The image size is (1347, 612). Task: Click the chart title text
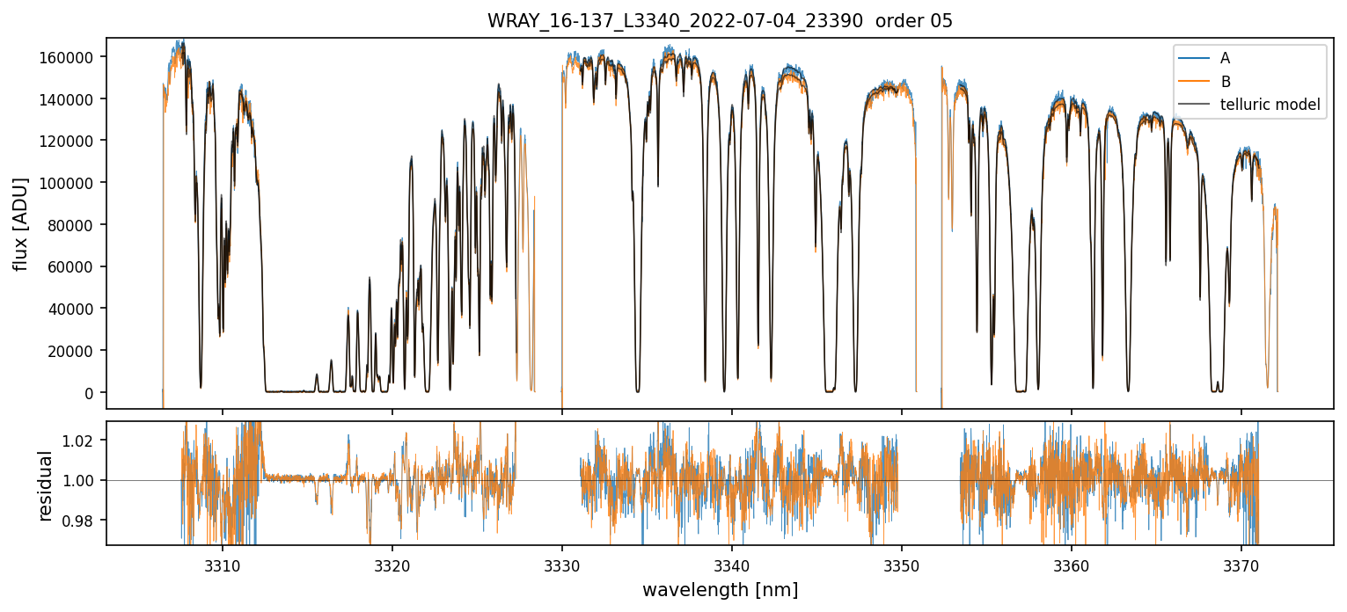click(x=720, y=21)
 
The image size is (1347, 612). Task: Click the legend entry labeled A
click(x=1226, y=58)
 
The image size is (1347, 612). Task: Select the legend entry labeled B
click(x=1226, y=81)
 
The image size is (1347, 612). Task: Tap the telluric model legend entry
click(x=1270, y=105)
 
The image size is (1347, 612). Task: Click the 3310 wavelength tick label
click(x=222, y=561)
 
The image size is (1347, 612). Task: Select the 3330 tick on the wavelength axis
click(x=562, y=561)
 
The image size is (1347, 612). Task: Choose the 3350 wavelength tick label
click(x=902, y=561)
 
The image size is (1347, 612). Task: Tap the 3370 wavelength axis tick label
click(x=1241, y=561)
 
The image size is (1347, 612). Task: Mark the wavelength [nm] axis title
click(x=720, y=589)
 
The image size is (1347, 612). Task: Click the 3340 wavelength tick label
click(x=732, y=561)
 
